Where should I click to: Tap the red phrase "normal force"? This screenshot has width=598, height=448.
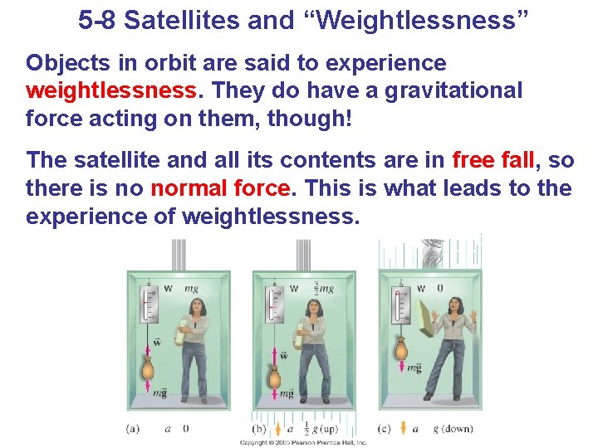(x=220, y=188)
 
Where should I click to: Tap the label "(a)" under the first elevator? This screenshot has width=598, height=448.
(x=134, y=428)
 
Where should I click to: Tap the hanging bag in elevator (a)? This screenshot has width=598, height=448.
(x=149, y=366)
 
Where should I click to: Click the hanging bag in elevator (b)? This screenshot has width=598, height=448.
(x=275, y=366)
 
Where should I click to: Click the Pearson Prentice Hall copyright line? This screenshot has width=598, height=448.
(x=302, y=443)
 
